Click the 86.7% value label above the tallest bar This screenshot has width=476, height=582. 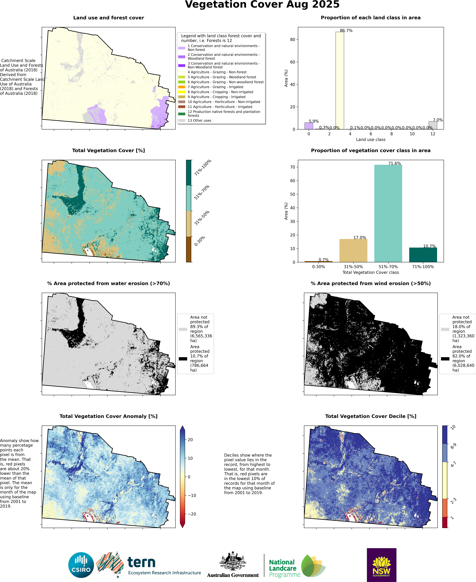coord(346,30)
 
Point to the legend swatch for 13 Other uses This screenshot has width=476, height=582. coord(181,120)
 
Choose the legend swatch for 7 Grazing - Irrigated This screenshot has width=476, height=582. coord(181,87)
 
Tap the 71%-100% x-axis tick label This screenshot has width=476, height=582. coord(423,267)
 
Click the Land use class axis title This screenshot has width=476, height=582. coord(370,140)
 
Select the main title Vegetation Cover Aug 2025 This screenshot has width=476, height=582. coord(262,5)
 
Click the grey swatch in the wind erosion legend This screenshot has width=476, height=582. coord(445,329)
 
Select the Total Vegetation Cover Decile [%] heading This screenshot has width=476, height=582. coord(370,416)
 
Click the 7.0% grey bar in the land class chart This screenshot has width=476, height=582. coord(433,125)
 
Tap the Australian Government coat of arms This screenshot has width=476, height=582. coord(233,561)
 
